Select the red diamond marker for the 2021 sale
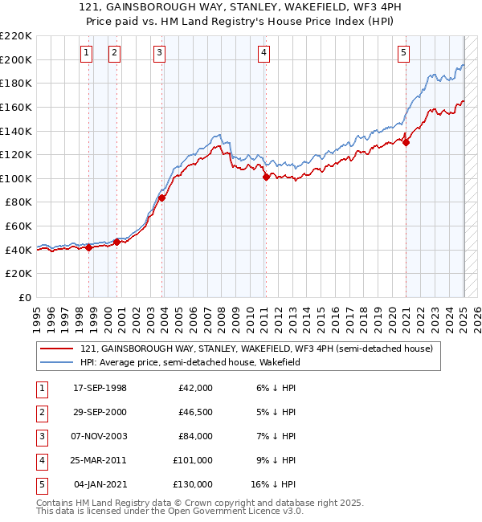(406, 143)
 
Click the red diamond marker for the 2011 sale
(266, 177)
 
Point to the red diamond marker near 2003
(161, 198)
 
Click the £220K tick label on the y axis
(16, 36)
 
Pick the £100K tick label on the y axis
(16, 178)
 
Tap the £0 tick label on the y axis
(25, 297)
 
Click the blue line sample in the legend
(58, 362)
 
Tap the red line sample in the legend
(58, 349)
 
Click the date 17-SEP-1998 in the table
(100, 388)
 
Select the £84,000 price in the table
(195, 436)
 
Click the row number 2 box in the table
(41, 412)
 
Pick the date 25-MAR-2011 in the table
(100, 460)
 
